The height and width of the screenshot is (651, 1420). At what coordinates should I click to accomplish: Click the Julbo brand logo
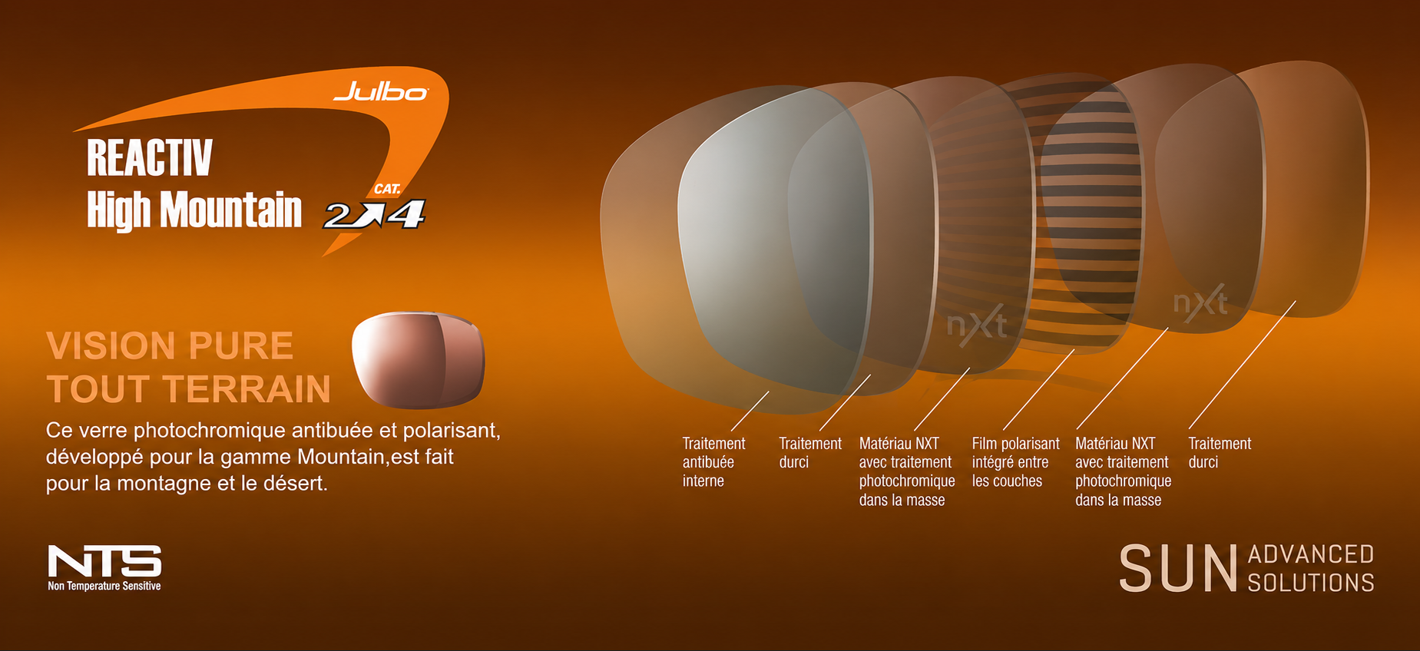tap(381, 92)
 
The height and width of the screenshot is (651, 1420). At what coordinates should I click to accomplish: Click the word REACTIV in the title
tap(149, 158)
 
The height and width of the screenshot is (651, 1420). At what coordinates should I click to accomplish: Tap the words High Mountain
tap(194, 210)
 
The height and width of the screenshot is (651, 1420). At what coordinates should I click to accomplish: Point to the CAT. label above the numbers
tap(387, 189)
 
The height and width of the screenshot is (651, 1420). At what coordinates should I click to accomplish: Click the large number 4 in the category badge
tap(406, 214)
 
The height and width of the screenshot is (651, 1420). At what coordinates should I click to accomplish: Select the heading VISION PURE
tap(170, 345)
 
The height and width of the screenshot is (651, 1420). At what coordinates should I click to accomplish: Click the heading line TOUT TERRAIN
tap(188, 389)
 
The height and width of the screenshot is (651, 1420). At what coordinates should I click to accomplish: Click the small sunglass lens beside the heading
tap(419, 359)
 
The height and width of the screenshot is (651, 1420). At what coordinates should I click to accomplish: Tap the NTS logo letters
tap(104, 561)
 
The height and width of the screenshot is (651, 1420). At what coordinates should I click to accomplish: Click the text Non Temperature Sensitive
tap(104, 587)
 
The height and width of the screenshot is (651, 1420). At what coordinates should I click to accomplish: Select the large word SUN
tap(1178, 569)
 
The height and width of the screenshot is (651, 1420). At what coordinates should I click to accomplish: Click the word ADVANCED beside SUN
tap(1311, 554)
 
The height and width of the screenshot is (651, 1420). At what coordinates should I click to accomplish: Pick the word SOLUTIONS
tap(1311, 583)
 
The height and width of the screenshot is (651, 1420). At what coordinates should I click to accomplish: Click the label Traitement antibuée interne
tap(713, 462)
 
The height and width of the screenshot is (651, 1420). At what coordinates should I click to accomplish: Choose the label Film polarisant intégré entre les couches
tap(1015, 462)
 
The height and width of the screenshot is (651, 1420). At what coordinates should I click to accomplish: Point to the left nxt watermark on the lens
tap(977, 324)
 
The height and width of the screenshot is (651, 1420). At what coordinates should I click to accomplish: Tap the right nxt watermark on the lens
tap(1200, 302)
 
